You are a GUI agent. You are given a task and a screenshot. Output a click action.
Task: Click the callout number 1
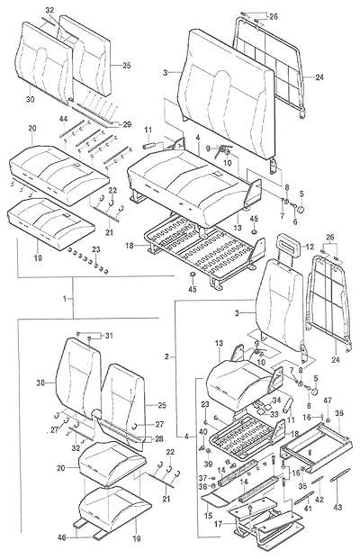click(65, 299)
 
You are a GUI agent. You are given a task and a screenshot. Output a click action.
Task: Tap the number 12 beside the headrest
click(310, 246)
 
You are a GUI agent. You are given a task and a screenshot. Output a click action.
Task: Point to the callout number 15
click(208, 516)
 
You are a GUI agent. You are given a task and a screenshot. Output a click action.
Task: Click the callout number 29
click(127, 125)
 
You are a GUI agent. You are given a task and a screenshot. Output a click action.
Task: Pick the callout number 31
click(109, 335)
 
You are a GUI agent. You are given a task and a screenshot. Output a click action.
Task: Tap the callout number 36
click(339, 413)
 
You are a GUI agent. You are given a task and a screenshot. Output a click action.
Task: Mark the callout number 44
click(63, 120)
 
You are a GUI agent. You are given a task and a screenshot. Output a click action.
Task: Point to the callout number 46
click(62, 537)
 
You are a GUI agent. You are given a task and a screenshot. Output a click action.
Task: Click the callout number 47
click(328, 401)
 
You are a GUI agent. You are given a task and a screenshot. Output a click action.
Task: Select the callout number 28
click(159, 439)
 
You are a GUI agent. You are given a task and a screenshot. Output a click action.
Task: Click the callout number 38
click(202, 485)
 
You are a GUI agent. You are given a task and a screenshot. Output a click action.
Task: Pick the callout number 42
click(319, 500)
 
